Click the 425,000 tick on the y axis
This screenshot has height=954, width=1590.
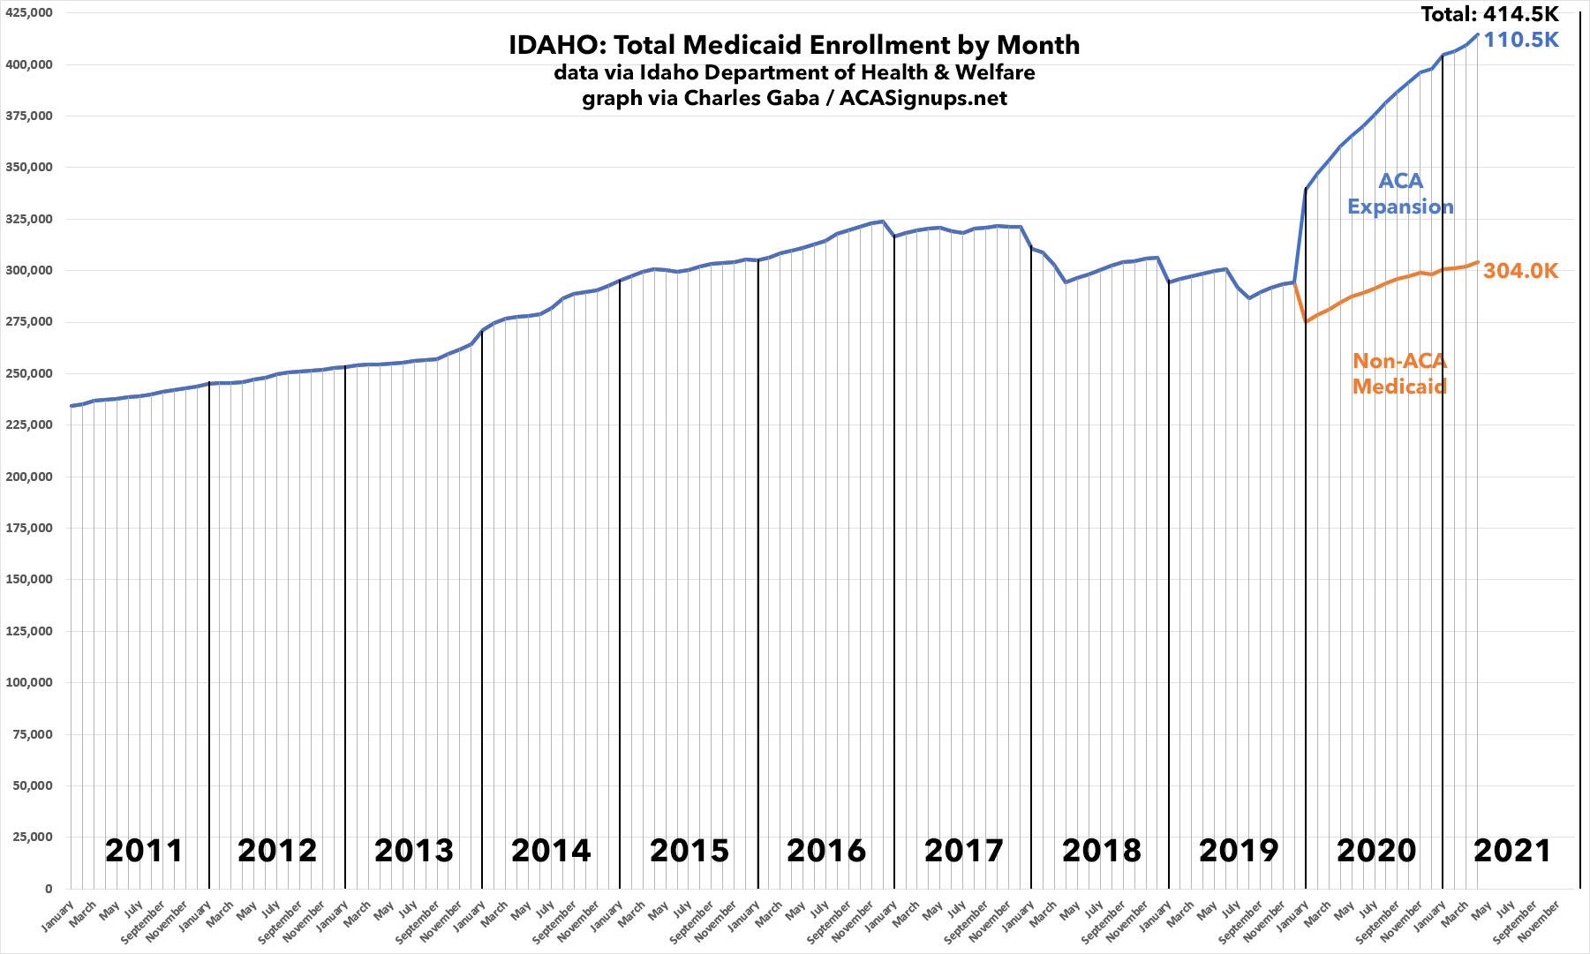click(x=28, y=13)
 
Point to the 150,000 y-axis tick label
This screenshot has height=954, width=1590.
click(x=28, y=580)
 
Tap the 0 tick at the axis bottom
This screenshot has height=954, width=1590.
click(x=49, y=889)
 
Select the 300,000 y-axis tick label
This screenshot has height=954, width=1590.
click(x=28, y=271)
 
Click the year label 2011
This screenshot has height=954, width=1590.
click(x=144, y=851)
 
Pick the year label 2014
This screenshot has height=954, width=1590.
click(x=551, y=851)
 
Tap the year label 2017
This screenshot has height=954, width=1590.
click(x=963, y=851)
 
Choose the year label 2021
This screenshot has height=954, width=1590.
click(x=1512, y=851)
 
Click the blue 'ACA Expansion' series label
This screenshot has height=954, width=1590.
click(x=1400, y=194)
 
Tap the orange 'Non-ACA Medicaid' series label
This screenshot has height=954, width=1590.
click(x=1400, y=373)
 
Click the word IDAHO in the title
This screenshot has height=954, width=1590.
click(x=548, y=45)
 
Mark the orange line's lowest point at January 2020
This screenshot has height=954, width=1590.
click(x=1305, y=322)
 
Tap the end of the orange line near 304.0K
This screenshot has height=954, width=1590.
click(x=1478, y=261)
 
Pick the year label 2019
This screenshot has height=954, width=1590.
click(x=1238, y=851)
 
